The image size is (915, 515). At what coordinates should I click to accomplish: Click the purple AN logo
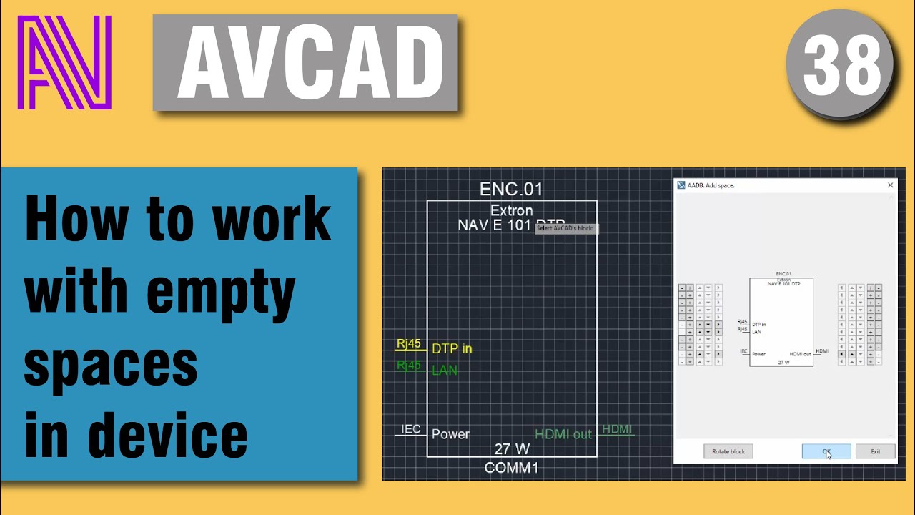click(64, 62)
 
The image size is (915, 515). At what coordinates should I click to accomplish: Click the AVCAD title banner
click(305, 63)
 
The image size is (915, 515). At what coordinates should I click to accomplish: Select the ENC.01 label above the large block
click(511, 190)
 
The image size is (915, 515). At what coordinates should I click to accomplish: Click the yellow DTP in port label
click(452, 349)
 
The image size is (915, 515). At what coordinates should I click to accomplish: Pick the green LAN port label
click(444, 371)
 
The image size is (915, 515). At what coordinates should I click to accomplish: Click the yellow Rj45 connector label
click(409, 345)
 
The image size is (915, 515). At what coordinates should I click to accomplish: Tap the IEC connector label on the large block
click(410, 429)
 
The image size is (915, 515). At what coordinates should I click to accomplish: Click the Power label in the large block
click(450, 434)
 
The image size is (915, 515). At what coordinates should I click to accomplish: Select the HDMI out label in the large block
click(563, 434)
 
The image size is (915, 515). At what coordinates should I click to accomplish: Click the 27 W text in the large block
click(512, 449)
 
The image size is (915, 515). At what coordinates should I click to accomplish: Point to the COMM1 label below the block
click(511, 468)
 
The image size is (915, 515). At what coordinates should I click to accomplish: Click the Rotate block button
click(728, 451)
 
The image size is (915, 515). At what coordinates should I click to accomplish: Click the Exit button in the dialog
click(875, 451)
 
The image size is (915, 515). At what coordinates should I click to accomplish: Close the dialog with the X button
click(890, 185)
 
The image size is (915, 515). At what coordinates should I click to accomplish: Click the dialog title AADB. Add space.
click(711, 185)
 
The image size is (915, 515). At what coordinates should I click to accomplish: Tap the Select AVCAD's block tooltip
click(566, 228)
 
